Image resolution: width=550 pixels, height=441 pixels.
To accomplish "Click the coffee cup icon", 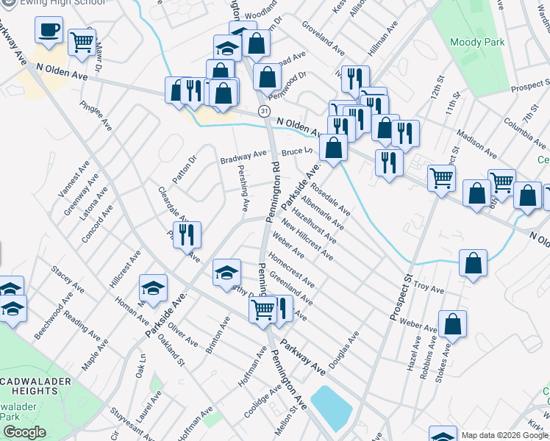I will [x=49, y=30].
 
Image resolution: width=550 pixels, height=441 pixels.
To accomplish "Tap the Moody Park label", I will [x=477, y=43].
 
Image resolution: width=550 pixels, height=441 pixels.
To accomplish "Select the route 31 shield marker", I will [x=262, y=110].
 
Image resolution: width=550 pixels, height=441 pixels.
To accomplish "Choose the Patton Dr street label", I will [x=185, y=168].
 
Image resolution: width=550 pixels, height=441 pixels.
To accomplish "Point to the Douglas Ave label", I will [x=343, y=349].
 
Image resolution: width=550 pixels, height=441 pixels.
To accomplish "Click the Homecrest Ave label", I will [x=292, y=270].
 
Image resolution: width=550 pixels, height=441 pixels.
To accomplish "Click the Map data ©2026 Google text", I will [x=504, y=435].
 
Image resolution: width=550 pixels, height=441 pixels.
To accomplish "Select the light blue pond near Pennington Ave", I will [x=332, y=408].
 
